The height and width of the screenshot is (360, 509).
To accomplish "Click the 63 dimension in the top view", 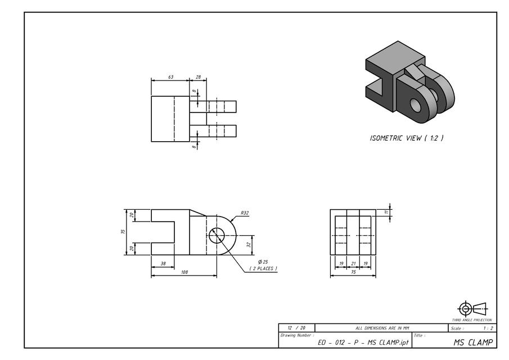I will point(170,77).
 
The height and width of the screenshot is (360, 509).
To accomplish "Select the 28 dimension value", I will point(198,77).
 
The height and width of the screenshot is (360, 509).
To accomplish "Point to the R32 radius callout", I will point(245,213).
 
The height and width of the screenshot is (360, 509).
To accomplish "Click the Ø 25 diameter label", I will point(263,262).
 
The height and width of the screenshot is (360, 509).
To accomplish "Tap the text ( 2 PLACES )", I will point(263,269).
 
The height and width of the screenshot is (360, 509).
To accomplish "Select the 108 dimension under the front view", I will point(184,272).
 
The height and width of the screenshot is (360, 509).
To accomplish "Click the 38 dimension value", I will point(163,263).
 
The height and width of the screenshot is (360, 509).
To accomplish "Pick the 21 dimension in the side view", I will point(353,263).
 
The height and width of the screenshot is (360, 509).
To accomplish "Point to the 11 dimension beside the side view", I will point(386,213).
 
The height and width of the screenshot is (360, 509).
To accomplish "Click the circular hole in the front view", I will point(217,236).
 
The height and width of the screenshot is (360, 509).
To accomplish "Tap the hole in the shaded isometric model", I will point(416,105).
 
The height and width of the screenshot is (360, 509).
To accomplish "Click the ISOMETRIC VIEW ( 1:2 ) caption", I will point(406,138).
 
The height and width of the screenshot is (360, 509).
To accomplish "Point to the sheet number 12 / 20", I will point(296,328).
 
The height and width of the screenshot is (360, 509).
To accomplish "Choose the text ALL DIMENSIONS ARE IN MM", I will point(382,328).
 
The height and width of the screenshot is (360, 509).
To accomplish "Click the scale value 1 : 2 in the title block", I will point(488,328).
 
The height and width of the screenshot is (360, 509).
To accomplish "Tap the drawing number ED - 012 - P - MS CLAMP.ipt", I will point(363,343).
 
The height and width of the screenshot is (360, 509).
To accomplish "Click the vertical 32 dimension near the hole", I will point(249,245).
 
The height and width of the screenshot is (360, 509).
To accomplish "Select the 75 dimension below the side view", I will point(353,272).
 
